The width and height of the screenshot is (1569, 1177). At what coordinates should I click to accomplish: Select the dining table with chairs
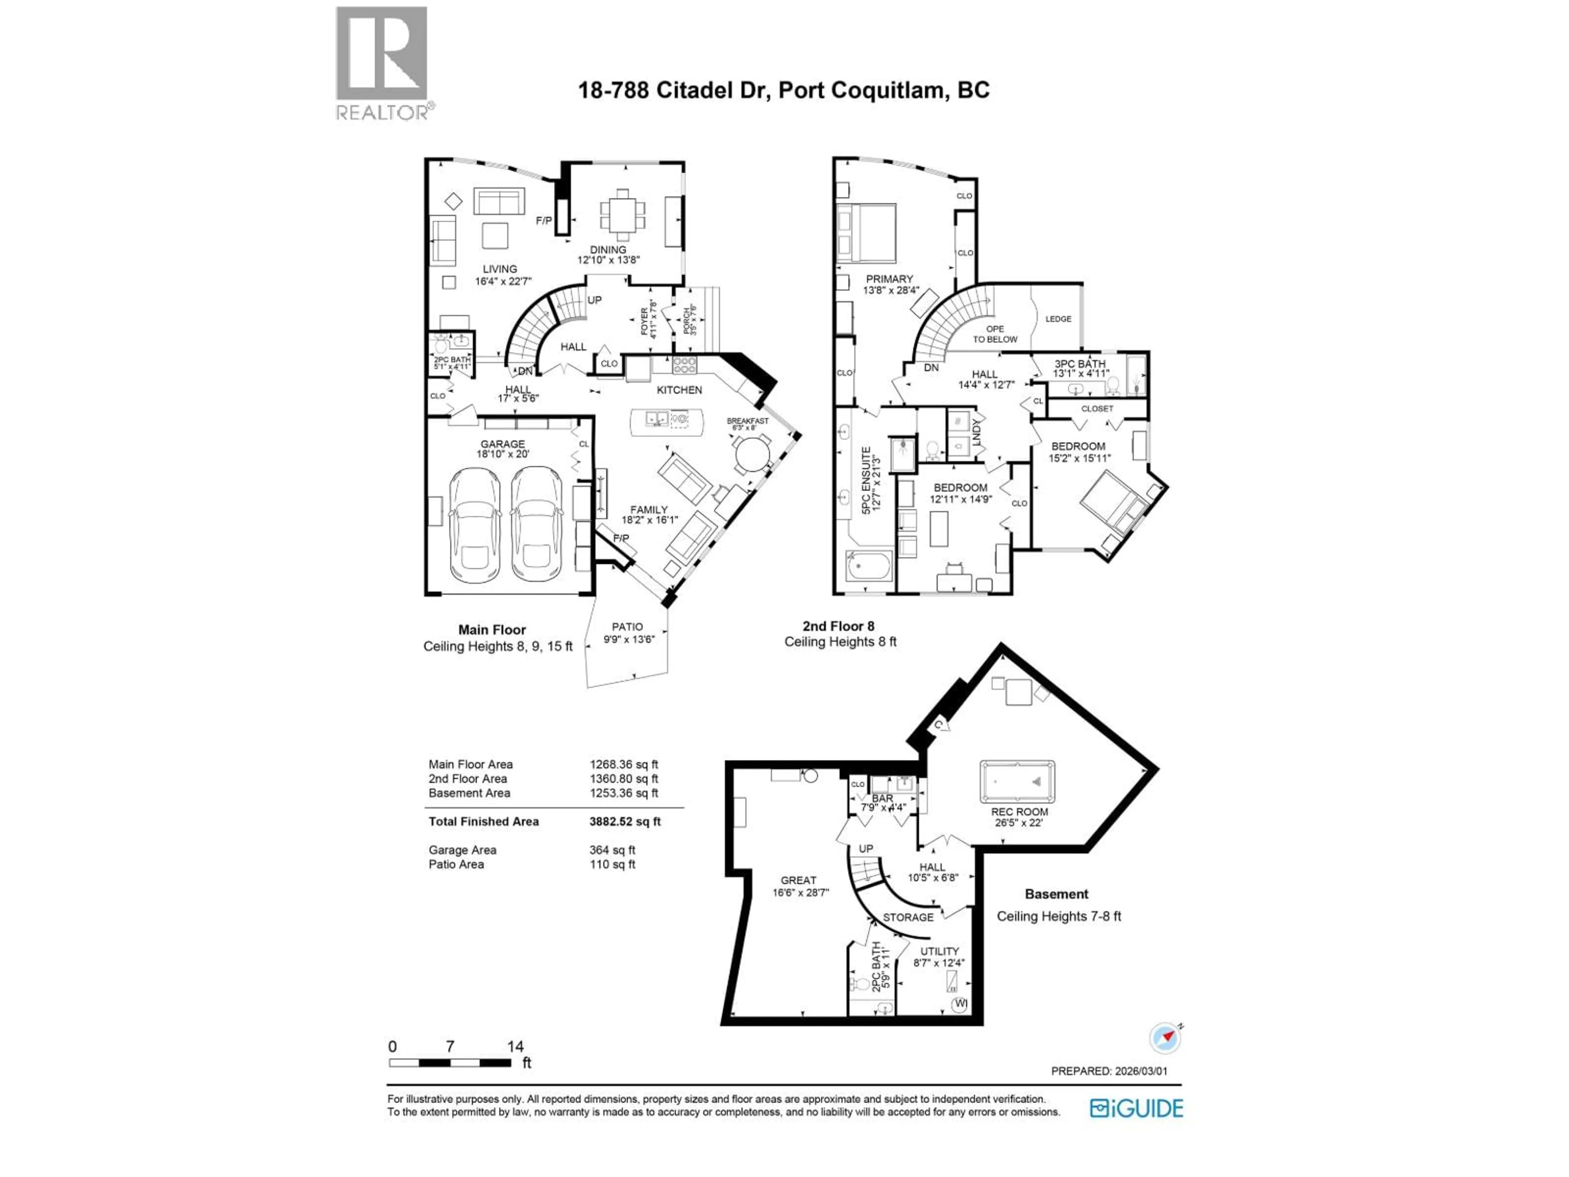click(x=623, y=214)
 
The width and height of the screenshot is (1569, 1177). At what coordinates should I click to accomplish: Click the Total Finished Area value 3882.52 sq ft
click(x=624, y=821)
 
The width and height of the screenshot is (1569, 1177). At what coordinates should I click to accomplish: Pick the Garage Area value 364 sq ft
click(x=612, y=850)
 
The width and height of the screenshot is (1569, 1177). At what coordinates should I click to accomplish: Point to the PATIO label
click(x=627, y=627)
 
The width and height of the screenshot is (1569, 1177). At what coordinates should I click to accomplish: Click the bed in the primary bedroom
click(x=866, y=233)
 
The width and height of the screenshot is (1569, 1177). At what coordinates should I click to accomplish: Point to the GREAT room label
click(x=798, y=880)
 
